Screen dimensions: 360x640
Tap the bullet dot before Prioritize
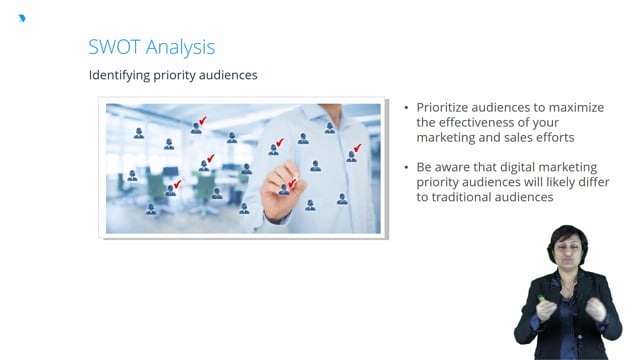click(405, 108)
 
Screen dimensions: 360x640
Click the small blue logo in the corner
click(22, 18)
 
